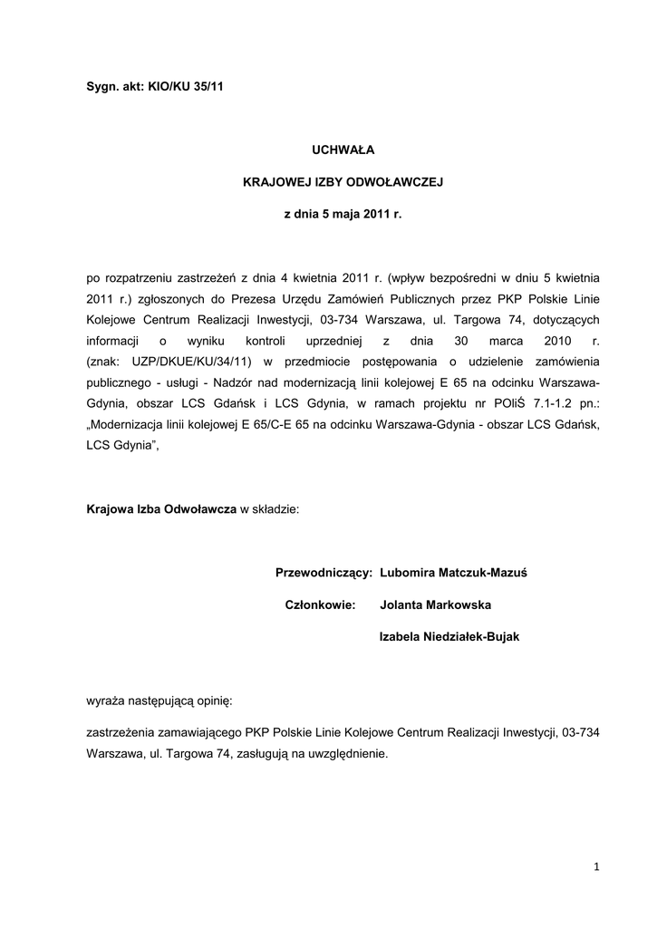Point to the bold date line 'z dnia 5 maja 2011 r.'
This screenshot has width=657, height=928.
pyautogui.click(x=342, y=216)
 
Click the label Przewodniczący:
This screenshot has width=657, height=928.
pyautogui.click(x=324, y=573)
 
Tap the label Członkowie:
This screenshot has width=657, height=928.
pyautogui.click(x=321, y=604)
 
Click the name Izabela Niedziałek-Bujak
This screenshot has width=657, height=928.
pyautogui.click(x=449, y=637)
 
